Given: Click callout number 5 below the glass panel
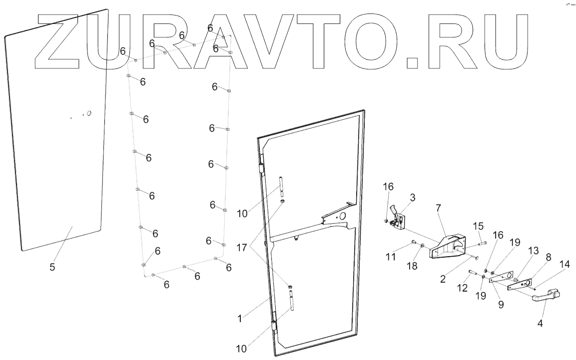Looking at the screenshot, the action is click(52, 267).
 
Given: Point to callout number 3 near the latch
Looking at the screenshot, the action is click(412, 197).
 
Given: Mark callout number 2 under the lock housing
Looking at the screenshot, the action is click(443, 279).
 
